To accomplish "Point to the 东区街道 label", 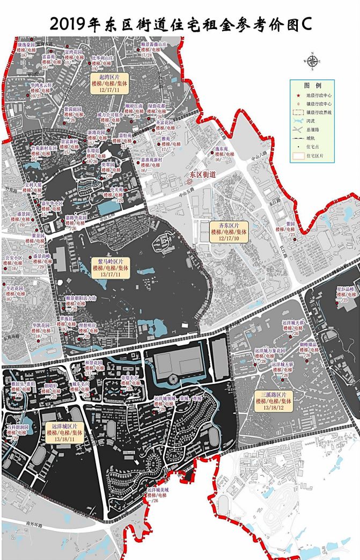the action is [202, 174].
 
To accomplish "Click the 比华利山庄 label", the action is [102, 57].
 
